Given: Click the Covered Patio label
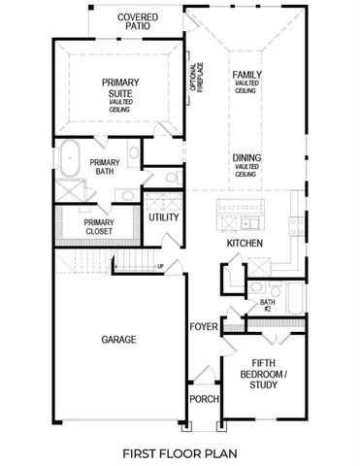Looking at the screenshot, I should click(x=138, y=22).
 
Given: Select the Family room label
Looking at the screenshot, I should click(x=245, y=75).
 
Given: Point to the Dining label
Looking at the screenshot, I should click(x=245, y=157).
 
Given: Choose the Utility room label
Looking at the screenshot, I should click(x=163, y=217).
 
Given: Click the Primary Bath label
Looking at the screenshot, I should click(x=104, y=168).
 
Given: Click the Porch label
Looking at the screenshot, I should click(x=204, y=399).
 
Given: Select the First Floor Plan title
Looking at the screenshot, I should click(x=179, y=452).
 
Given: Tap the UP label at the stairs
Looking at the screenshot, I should click(x=161, y=266).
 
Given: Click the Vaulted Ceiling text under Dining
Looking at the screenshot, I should click(x=245, y=171).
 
